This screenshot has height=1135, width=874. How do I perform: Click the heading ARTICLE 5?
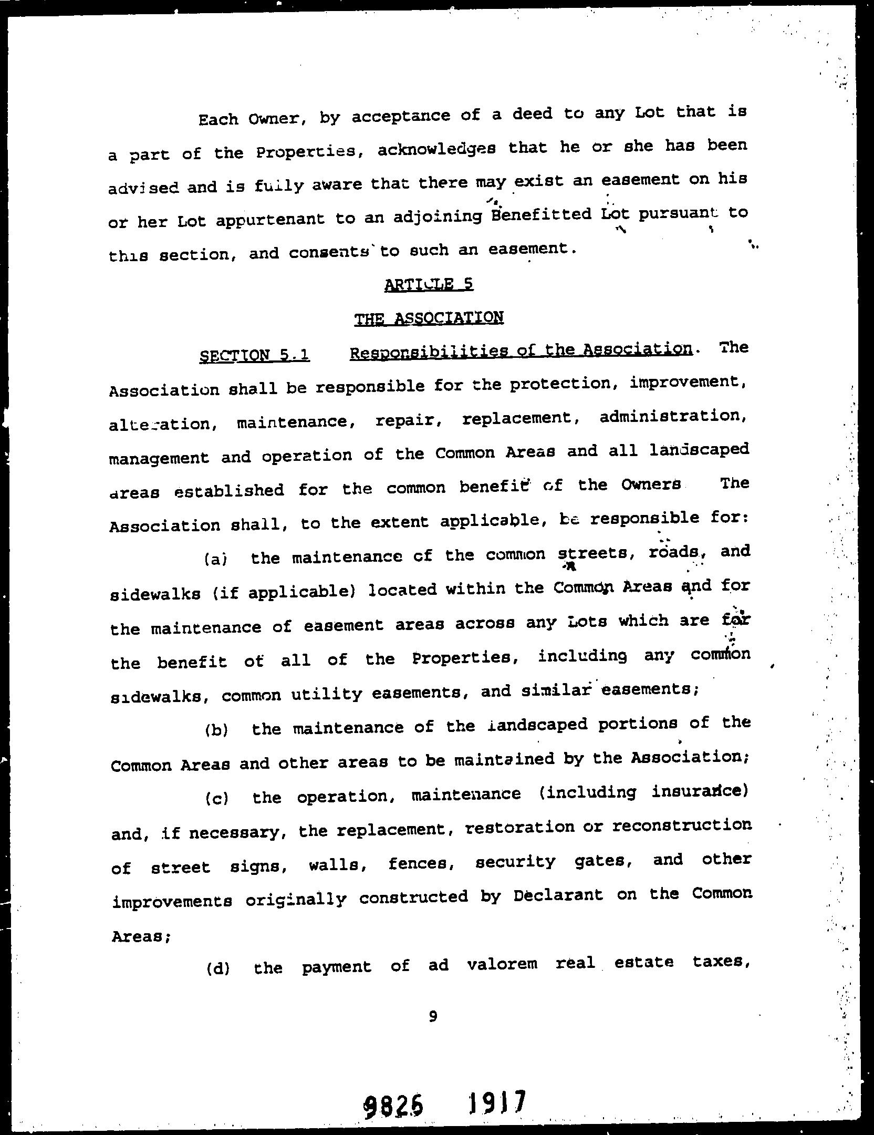pos(429,284)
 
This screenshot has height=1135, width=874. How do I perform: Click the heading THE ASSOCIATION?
pos(429,318)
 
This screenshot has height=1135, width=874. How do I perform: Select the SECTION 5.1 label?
pos(255,356)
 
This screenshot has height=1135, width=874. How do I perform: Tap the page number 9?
pos(433,1016)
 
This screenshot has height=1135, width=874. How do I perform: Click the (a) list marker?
pos(215,559)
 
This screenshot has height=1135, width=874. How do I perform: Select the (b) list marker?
pos(215,731)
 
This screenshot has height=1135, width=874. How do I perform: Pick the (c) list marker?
pos(216,799)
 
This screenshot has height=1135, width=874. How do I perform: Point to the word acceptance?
pos(401,116)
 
